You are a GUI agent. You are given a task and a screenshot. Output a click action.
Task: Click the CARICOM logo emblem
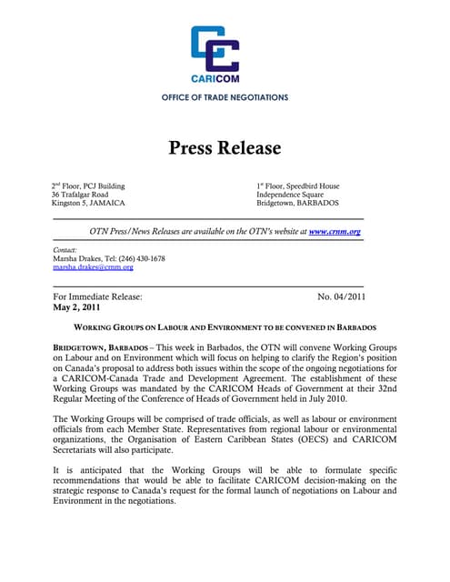[215, 48]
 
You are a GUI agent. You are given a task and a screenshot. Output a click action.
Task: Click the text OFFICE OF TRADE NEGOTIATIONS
[225, 96]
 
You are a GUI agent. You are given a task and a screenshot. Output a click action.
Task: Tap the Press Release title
[225, 147]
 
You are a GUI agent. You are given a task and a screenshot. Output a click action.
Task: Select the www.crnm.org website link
[335, 232]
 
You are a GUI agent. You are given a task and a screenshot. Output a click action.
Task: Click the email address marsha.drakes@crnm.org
[93, 267]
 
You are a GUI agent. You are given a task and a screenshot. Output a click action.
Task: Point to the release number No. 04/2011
[341, 296]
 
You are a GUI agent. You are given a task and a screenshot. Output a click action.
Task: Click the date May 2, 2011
[76, 307]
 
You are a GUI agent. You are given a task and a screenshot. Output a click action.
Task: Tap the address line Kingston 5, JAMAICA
[88, 203]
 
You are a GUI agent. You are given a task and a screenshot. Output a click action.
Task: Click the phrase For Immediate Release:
[97, 296]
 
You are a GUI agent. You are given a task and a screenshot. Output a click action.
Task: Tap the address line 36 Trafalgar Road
[80, 195]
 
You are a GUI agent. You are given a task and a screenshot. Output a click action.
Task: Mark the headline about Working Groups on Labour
[225, 326]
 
